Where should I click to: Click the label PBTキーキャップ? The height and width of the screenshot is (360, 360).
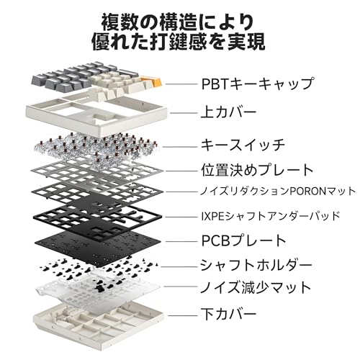[257, 84]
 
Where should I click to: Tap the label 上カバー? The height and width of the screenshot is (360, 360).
[228, 112]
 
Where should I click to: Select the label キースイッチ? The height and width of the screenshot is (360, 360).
[243, 145]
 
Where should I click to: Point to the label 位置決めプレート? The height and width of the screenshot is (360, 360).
[257, 170]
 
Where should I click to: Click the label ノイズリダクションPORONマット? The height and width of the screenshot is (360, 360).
[278, 192]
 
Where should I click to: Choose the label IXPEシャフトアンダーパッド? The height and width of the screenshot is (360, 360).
[271, 216]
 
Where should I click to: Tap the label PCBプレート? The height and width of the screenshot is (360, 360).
[243, 240]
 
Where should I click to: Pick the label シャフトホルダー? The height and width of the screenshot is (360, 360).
[256, 265]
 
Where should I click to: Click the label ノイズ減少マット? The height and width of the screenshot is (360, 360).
[256, 287]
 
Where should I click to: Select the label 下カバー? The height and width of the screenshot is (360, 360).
[229, 314]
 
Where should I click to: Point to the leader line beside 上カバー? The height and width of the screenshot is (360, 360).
[184, 113]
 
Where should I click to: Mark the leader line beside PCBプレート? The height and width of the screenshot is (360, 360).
[181, 241]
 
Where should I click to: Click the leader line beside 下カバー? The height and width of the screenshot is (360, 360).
[182, 315]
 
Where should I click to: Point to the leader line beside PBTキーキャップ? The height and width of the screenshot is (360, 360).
[181, 84]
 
